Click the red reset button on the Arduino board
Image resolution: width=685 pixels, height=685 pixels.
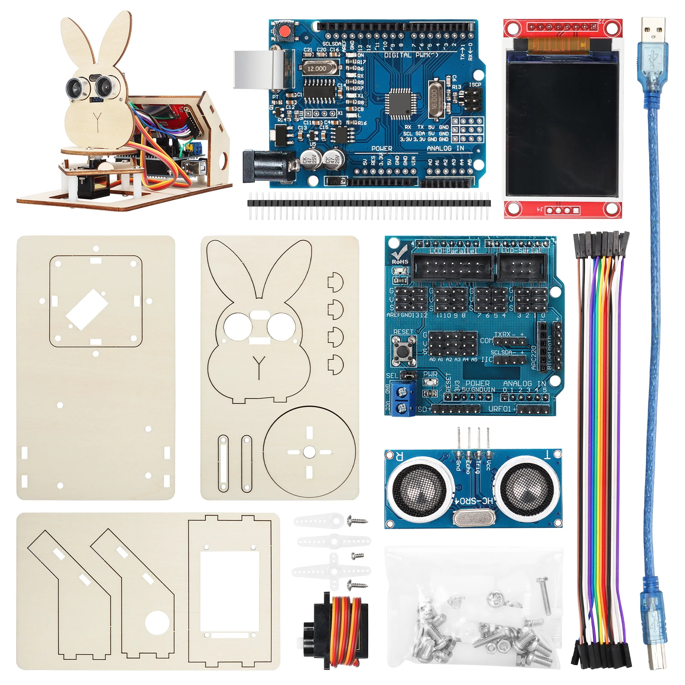click(284, 31)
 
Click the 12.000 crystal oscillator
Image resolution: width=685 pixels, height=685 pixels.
click(316, 68)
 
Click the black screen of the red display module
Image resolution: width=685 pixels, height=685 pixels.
click(562, 128)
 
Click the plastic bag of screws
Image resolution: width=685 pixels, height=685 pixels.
click(473, 608)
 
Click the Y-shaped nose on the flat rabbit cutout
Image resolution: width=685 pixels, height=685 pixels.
click(259, 366)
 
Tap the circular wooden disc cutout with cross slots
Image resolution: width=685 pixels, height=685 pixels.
click(309, 452)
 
